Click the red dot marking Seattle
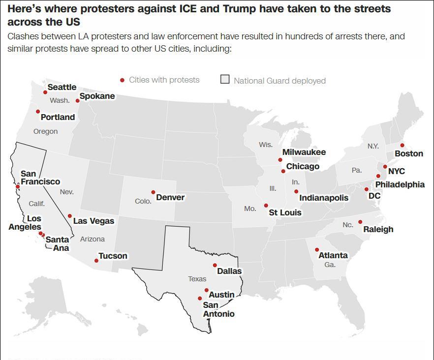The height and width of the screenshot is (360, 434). tap(45, 92)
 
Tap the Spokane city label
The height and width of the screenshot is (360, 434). tap(97, 96)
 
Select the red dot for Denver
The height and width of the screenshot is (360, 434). tap(153, 192)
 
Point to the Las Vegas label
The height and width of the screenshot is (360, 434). tap(93, 221)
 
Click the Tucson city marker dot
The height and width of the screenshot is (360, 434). tap(96, 261)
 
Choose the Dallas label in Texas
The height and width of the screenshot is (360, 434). tap(229, 271)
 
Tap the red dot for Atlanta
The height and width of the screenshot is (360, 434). tap(317, 250)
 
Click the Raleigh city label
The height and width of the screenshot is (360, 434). tap(378, 229)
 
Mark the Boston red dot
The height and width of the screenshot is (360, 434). tap(402, 145)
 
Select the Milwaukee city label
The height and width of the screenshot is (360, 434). tap(304, 152)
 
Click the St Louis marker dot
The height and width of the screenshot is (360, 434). tap(266, 206)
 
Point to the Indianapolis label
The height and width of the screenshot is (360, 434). tap(323, 198)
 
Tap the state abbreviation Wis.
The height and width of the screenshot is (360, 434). tap(266, 145)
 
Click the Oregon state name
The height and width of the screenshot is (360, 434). tap(45, 131)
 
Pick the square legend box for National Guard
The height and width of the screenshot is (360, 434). tap(225, 80)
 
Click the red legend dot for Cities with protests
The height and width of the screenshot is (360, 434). tap(122, 80)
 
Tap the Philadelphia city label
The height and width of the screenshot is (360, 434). tap(400, 184)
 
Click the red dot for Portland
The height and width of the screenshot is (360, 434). tap(38, 112)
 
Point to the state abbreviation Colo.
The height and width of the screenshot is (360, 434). tap(143, 201)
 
